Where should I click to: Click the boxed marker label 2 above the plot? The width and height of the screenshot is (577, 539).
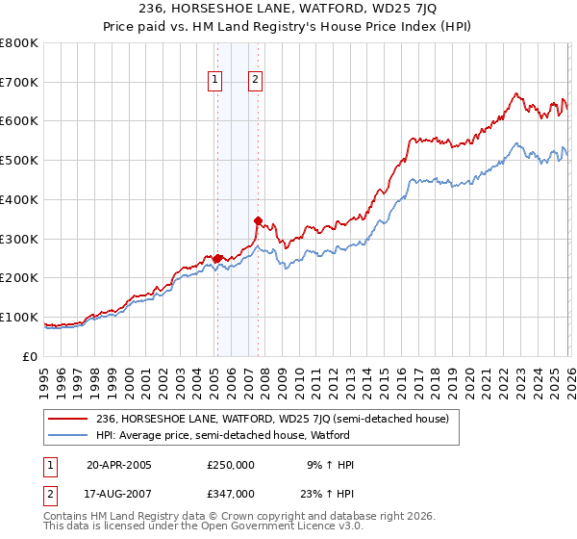pyautogui.click(x=256, y=81)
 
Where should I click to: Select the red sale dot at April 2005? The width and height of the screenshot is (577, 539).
pyautogui.click(x=217, y=258)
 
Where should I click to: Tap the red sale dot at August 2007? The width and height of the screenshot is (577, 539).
pyautogui.click(x=258, y=220)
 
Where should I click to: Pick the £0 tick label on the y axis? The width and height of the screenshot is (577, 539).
pyautogui.click(x=30, y=356)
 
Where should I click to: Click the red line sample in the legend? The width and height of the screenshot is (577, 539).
pyautogui.click(x=68, y=419)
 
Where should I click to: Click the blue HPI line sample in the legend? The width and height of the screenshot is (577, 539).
pyautogui.click(x=68, y=435)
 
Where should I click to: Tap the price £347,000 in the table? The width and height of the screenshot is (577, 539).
pyautogui.click(x=231, y=493)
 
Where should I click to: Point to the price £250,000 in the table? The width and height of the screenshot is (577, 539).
pyautogui.click(x=231, y=464)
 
